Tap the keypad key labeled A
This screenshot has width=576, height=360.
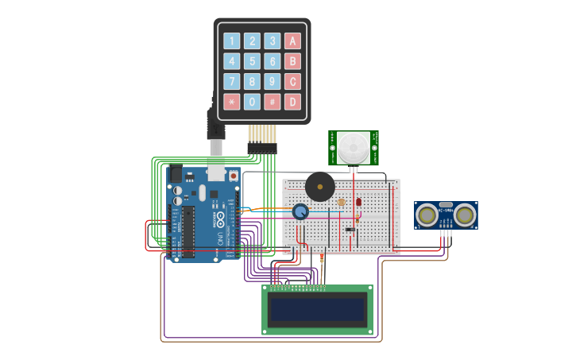tap(292, 41)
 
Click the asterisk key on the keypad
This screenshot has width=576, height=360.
tap(231, 102)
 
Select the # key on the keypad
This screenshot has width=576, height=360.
tap(272, 102)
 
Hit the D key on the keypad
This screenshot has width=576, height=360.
tap(292, 102)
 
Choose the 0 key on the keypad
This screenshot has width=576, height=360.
tap(252, 102)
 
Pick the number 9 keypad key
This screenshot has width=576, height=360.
tap(272, 81)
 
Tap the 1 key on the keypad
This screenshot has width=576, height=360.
tap(231, 41)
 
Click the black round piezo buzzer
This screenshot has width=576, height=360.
tap(320, 188)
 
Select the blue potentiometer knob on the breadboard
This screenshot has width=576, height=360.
tap(300, 211)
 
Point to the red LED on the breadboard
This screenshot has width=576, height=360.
tap(358, 202)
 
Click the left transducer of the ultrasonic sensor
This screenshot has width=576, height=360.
tap(427, 214)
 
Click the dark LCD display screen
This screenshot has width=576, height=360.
tap(318, 309)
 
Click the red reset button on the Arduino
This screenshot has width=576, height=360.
tap(234, 176)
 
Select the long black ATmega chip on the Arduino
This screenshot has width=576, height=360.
tap(188, 232)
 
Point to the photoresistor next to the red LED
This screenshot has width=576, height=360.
tap(342, 203)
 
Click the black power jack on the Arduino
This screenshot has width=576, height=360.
tap(176, 174)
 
